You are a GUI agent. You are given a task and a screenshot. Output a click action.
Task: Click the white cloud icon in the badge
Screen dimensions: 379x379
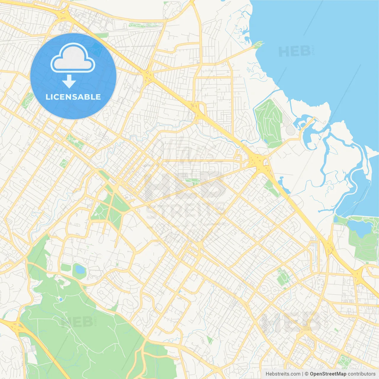pos(73,58)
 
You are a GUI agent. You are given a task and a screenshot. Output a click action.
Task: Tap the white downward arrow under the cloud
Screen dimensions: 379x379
pos(69,81)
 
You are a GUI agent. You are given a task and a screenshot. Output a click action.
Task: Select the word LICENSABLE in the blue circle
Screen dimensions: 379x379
pos(73,97)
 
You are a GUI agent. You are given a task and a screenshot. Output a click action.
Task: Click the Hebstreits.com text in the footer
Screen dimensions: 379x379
pos(283,374)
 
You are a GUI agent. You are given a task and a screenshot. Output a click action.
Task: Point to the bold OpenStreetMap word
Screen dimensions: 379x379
pos(328,374)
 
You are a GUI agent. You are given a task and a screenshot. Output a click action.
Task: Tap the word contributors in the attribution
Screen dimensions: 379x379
pos(362,374)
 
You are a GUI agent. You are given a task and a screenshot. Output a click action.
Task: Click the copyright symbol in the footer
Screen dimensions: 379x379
pos(306,374)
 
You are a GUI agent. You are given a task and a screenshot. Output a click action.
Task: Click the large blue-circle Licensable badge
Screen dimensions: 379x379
pos(73,76)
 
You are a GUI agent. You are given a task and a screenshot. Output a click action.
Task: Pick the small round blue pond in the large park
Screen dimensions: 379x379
pos(61,299)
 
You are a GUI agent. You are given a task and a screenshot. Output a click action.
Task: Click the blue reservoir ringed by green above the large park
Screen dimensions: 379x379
pos(79,269)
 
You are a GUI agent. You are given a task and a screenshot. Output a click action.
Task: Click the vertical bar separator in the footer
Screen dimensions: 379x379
pos(303,374)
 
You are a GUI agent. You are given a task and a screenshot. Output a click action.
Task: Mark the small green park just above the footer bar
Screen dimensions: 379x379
pos(344,361)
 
